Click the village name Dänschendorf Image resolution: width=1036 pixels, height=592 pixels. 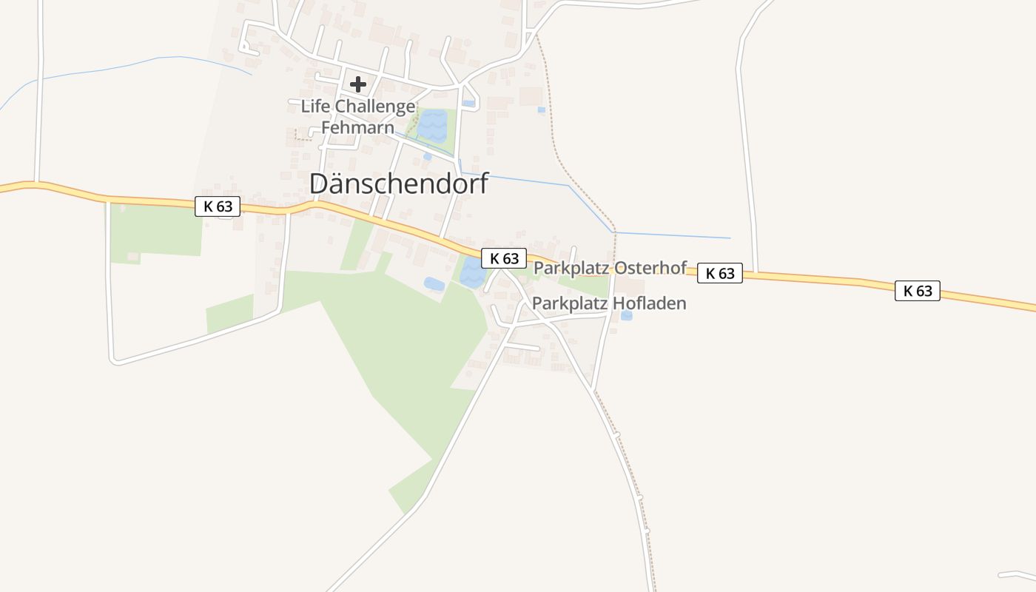coord(399,184)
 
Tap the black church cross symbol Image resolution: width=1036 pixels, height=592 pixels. coord(358,84)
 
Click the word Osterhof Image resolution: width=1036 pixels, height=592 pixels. coord(650,268)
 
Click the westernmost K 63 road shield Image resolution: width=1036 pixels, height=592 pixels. coord(218,206)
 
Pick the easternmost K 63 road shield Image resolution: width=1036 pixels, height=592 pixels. coord(918,291)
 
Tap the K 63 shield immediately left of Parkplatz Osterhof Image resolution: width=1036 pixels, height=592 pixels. coord(504,258)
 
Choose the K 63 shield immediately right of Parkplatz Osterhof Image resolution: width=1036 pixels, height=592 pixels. coord(719,273)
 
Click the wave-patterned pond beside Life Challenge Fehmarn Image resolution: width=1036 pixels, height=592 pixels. coord(431,126)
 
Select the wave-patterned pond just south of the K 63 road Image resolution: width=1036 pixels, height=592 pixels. coord(472,275)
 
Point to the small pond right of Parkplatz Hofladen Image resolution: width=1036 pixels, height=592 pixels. coord(627,316)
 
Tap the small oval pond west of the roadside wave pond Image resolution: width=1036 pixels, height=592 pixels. coord(434,283)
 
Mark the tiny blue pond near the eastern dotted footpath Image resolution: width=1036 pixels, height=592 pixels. coord(542,110)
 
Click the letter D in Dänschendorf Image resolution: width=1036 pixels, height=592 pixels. coord(318,184)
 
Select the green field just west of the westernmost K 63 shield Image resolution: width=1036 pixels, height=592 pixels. coord(155,231)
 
